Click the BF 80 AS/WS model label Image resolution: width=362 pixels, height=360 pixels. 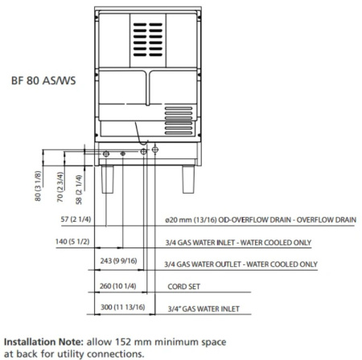43,80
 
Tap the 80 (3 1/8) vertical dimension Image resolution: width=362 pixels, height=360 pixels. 38,186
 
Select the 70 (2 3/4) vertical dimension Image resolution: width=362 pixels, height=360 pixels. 60,186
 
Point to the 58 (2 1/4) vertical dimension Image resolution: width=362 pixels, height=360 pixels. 79,190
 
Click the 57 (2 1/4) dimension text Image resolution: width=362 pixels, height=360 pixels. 76,219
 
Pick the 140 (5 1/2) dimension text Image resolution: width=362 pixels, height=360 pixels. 72,242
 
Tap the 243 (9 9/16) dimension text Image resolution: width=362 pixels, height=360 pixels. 118,260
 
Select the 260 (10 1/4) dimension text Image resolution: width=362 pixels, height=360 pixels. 117,286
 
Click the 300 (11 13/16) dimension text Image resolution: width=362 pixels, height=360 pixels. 123,307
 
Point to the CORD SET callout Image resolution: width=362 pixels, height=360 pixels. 183,287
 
